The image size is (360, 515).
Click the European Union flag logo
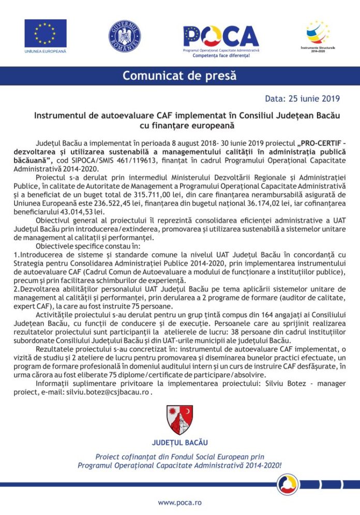(46, 33)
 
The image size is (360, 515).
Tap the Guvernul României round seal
(125, 36)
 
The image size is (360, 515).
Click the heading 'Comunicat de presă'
(179, 76)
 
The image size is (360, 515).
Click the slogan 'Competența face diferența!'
(221, 54)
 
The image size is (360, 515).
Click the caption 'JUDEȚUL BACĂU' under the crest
(179, 443)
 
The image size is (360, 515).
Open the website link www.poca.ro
(179, 502)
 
